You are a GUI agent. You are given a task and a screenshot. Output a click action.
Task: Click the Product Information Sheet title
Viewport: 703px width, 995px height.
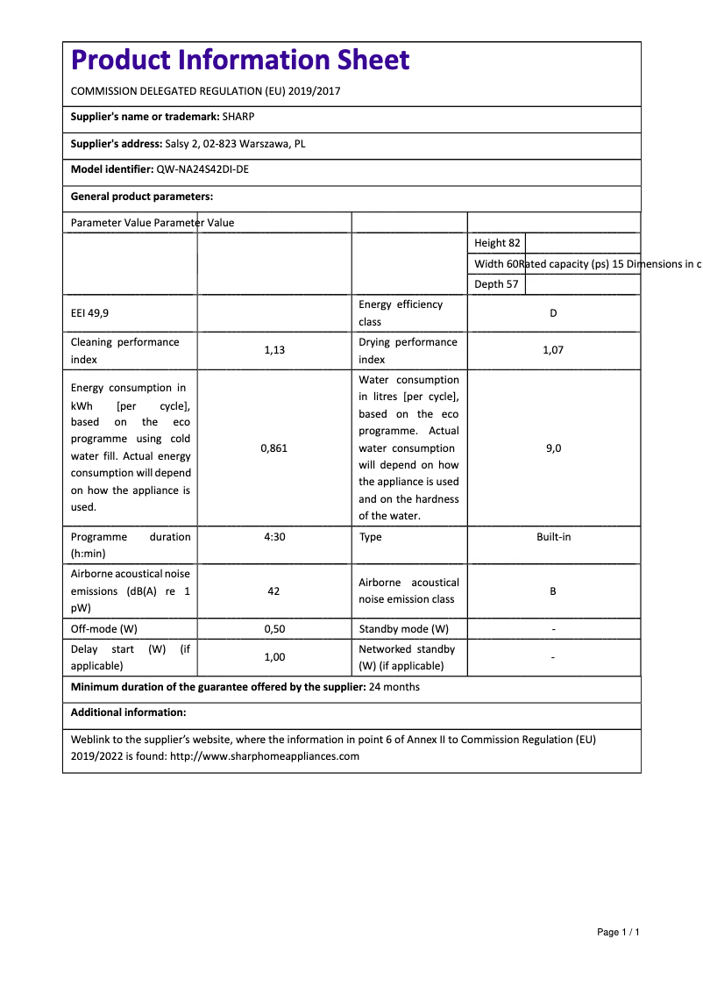tap(239, 61)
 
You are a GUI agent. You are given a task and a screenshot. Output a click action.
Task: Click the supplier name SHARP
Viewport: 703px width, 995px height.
tap(238, 117)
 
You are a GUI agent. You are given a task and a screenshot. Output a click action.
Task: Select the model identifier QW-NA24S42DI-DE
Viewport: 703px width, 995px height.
tap(202, 170)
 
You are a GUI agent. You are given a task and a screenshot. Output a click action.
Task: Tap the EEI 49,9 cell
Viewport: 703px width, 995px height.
tap(90, 313)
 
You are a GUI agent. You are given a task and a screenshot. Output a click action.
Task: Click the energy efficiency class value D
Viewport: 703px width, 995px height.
tap(553, 313)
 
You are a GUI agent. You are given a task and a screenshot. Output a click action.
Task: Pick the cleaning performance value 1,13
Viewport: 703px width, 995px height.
tap(274, 350)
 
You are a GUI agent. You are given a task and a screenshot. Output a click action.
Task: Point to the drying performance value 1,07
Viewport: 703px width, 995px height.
tap(553, 350)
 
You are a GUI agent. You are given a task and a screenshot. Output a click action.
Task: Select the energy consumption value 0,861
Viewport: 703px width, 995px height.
tap(274, 448)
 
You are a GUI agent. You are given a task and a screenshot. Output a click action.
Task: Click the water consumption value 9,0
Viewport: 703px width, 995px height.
tap(553, 448)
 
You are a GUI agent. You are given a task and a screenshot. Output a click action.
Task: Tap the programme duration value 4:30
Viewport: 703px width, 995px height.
tap(274, 537)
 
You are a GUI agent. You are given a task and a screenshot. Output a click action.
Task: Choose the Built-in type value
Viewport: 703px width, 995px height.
tap(553, 537)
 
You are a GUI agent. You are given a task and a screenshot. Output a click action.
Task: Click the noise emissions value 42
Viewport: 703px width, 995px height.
tap(273, 591)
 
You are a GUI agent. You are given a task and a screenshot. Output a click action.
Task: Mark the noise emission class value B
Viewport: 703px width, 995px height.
tap(553, 591)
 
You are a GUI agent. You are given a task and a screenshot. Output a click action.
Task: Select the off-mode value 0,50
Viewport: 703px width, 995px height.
tap(274, 629)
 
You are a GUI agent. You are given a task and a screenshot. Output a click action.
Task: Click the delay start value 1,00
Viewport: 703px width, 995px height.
tap(274, 657)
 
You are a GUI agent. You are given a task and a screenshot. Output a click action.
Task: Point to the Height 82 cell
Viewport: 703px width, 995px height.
tap(497, 243)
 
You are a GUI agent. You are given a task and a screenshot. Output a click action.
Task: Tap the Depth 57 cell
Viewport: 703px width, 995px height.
tap(496, 284)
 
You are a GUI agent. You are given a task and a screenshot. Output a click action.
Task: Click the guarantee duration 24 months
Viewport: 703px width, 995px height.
tap(394, 687)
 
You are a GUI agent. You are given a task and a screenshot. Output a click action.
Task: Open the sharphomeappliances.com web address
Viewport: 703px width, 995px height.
tap(265, 756)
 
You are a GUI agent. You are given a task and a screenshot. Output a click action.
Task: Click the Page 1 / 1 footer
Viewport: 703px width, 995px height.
tap(618, 932)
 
